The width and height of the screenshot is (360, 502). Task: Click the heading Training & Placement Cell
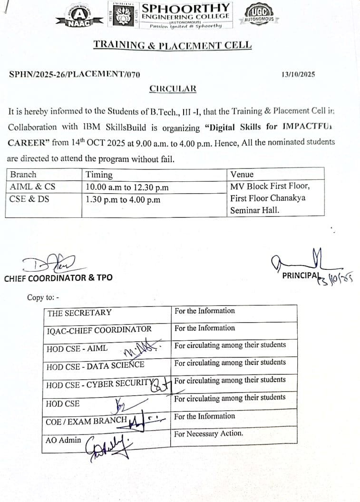pyautogui.click(x=173, y=45)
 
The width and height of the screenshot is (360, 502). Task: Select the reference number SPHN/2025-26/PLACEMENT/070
pyautogui.click(x=75, y=75)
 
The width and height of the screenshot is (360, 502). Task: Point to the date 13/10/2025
pyautogui.click(x=298, y=75)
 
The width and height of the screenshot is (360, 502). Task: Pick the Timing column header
pyautogui.click(x=99, y=175)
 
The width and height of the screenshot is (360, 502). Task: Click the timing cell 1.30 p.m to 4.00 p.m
pyautogui.click(x=123, y=200)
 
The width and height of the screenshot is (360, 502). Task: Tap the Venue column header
pyautogui.click(x=242, y=175)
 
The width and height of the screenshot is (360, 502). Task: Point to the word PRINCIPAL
pyautogui.click(x=299, y=276)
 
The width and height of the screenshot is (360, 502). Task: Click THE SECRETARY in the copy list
pyautogui.click(x=79, y=313)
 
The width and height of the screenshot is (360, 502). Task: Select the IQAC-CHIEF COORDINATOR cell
pyautogui.click(x=99, y=330)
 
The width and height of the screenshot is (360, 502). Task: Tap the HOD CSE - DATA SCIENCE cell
pyautogui.click(x=95, y=366)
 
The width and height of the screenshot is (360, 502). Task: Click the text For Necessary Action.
pyautogui.click(x=209, y=433)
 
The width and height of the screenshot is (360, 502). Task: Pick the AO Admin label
pyautogui.click(x=63, y=440)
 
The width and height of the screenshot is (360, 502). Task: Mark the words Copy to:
pyautogui.click(x=43, y=297)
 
